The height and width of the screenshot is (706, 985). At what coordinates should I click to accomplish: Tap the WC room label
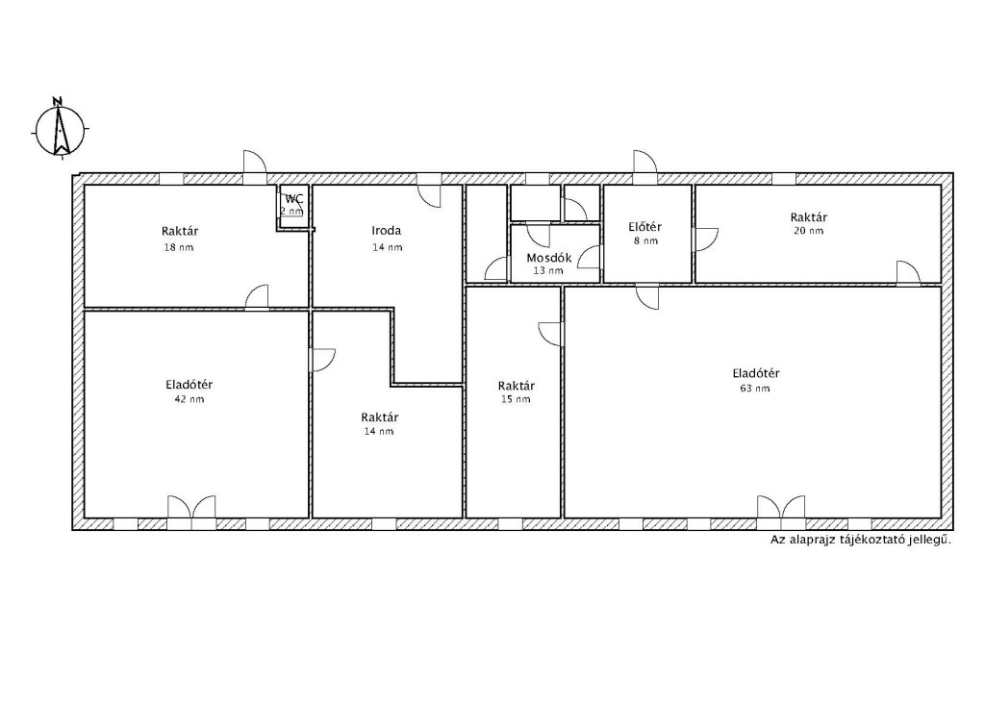tap(294, 199)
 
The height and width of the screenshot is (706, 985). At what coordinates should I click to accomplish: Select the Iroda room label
tap(387, 231)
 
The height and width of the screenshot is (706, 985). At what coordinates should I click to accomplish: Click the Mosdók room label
tap(549, 258)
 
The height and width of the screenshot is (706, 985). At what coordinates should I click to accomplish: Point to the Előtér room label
tap(645, 227)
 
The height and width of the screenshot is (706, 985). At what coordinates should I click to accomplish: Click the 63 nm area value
tap(754, 389)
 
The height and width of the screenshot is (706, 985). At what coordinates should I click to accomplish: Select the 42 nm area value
tap(189, 399)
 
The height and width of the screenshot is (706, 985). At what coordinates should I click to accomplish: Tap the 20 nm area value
tap(808, 231)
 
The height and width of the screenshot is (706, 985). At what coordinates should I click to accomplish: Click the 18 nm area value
tap(178, 247)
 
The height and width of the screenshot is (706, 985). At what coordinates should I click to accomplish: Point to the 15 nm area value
tap(516, 399)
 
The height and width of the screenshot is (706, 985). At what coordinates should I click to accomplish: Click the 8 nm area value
tap(645, 240)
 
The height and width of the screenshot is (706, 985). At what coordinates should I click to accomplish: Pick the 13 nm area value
tap(547, 270)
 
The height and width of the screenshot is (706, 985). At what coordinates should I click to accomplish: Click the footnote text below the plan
tap(861, 540)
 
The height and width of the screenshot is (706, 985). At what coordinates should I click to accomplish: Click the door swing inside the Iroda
tap(430, 195)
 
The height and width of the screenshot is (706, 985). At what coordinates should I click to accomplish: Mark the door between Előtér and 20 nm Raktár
tap(705, 240)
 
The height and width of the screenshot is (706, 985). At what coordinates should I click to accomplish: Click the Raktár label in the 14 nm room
tap(379, 417)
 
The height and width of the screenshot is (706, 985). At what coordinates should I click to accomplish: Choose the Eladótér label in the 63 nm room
tap(756, 373)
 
